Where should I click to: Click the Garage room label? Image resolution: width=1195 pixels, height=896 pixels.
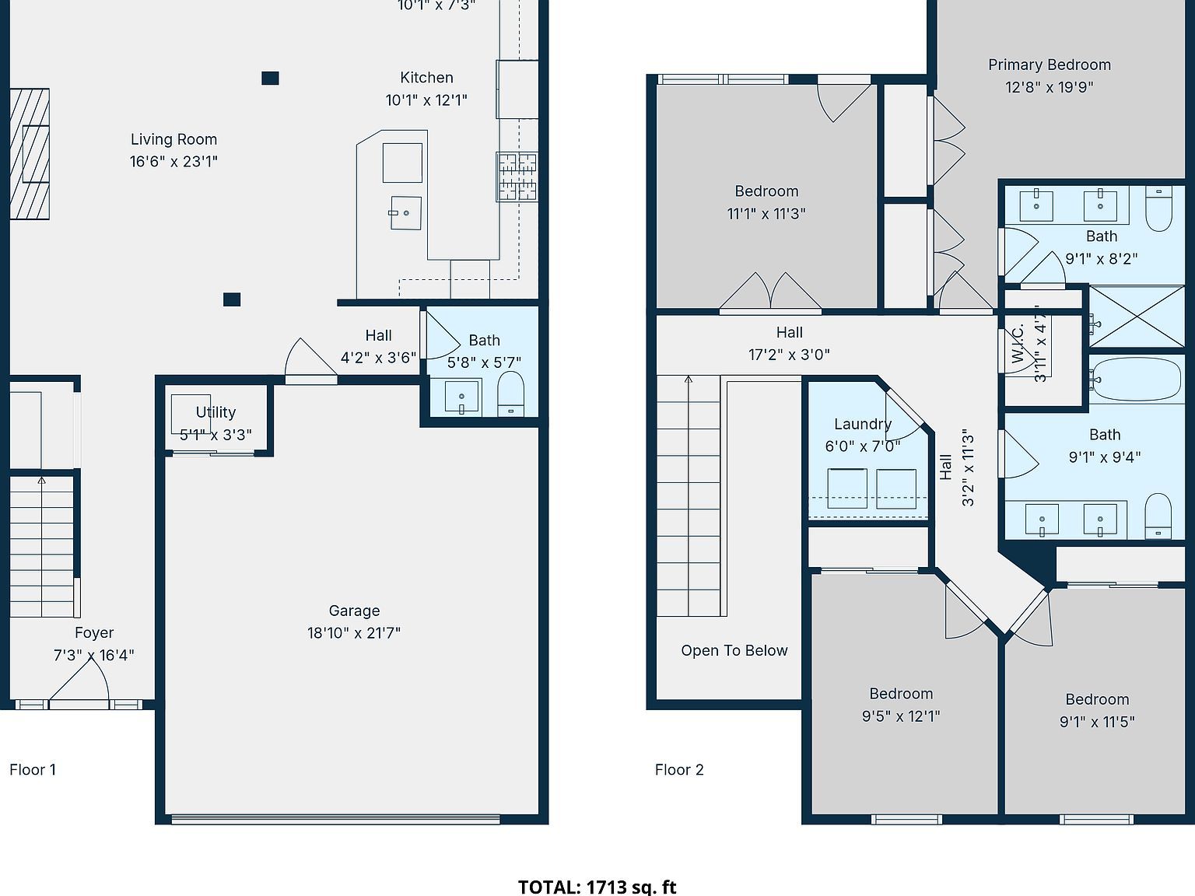click(x=354, y=611)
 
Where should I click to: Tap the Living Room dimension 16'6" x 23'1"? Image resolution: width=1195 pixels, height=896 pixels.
click(x=173, y=162)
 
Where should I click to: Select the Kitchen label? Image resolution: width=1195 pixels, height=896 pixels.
click(x=426, y=78)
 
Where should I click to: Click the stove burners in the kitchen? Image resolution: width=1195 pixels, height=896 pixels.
click(x=517, y=177)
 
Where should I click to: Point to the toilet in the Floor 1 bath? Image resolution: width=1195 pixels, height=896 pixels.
click(x=510, y=393)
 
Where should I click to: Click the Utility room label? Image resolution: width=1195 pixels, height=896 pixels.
click(x=216, y=412)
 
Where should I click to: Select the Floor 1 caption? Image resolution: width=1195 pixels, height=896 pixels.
click(x=33, y=770)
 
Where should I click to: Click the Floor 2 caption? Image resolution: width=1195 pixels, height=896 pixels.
click(x=679, y=770)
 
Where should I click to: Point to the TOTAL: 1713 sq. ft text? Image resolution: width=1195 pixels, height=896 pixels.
click(x=597, y=887)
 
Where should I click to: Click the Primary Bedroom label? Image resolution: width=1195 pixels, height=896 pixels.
click(x=1049, y=65)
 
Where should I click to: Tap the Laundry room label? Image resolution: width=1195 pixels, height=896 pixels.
click(x=862, y=424)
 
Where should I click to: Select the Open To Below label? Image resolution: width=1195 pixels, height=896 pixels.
click(x=734, y=651)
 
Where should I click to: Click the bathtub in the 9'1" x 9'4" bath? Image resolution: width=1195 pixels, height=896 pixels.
click(x=1136, y=379)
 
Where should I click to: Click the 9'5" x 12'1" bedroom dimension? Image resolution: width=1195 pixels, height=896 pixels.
click(x=900, y=716)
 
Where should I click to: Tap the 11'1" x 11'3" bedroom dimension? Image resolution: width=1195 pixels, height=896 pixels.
click(x=766, y=214)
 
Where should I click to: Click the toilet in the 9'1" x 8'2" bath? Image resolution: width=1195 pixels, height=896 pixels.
click(x=1158, y=210)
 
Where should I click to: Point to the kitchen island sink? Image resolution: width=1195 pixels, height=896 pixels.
click(x=405, y=213)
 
